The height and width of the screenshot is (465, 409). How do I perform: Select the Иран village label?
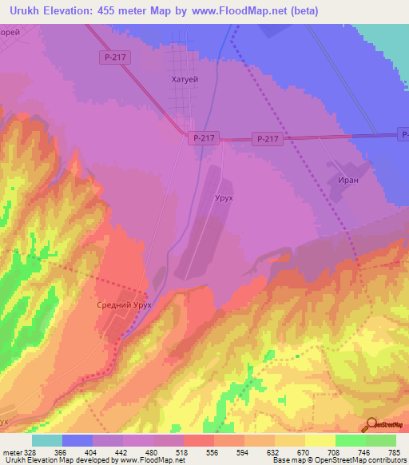[x=347, y=181]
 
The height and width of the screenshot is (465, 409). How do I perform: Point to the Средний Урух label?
[x=124, y=306]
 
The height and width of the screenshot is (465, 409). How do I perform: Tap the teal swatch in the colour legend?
[x=47, y=440]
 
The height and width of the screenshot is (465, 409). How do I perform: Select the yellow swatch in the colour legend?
[x=320, y=440]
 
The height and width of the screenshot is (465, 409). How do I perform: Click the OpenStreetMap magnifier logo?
[x=371, y=424]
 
